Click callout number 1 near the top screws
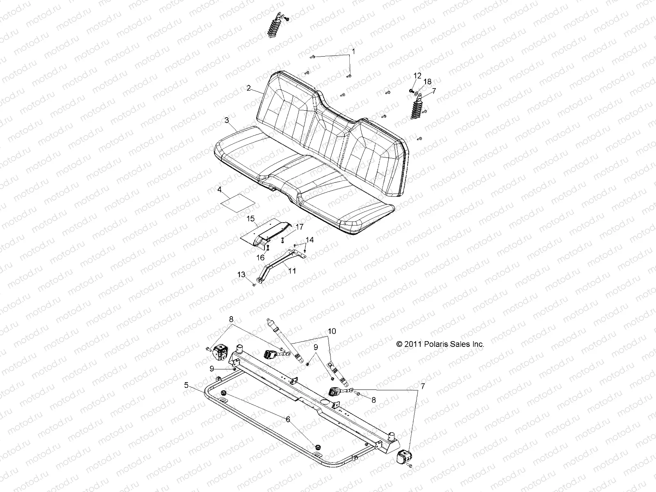click(354, 52)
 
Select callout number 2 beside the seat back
click(248, 88)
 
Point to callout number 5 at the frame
click(186, 385)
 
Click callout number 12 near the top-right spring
click(417, 76)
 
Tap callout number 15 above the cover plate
click(251, 219)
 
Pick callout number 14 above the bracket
click(310, 240)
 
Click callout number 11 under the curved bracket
click(292, 271)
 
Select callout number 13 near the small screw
click(241, 274)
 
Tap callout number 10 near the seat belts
click(332, 330)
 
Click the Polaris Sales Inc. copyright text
click(440, 344)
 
